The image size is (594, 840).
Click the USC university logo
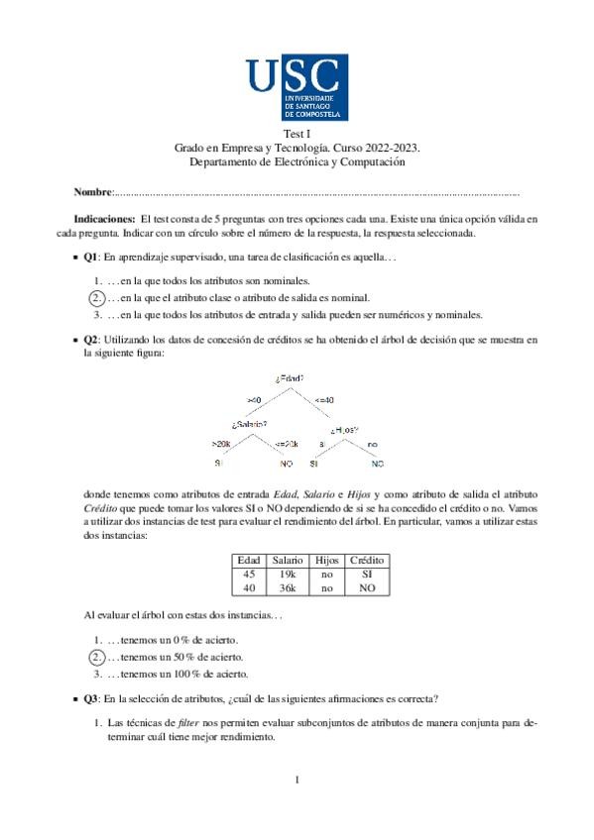point(297,86)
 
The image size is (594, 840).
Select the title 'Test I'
point(297,134)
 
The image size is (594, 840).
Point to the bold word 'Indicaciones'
point(105,218)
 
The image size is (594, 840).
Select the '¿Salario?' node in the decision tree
point(249,423)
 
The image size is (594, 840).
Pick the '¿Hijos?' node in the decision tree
point(344,430)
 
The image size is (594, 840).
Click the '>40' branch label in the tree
point(254,398)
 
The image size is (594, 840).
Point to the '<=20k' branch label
point(286,443)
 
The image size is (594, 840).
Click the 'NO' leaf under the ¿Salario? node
point(286,464)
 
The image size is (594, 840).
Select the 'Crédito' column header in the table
point(368,560)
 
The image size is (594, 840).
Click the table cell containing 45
point(249,574)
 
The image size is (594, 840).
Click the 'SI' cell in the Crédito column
point(368,574)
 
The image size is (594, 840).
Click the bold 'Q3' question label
point(91,698)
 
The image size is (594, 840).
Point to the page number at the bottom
point(297,781)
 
